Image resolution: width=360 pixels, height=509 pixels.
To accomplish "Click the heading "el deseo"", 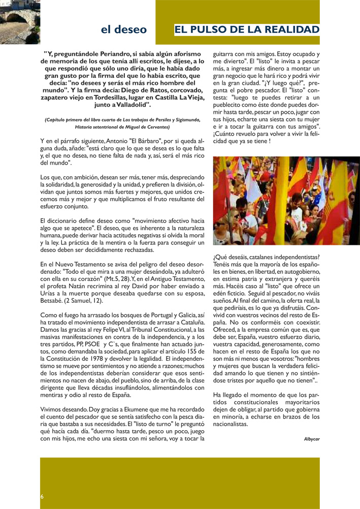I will tap(124, 29).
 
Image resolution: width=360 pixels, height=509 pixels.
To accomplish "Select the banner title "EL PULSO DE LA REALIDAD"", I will tap(247, 29).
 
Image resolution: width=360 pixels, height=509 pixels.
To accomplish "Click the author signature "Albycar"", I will tap(311, 438).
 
